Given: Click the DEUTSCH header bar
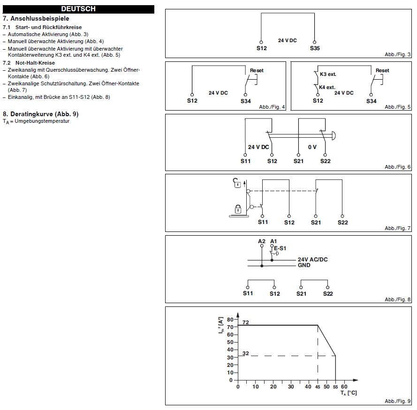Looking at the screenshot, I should pyautogui.click(x=78, y=9).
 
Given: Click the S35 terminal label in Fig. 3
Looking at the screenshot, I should pyautogui.click(x=315, y=48).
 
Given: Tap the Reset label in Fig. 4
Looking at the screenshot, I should pyautogui.click(x=257, y=71).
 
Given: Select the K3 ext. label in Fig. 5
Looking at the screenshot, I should pyautogui.click(x=328, y=74).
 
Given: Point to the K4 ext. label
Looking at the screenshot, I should pyautogui.click(x=327, y=87).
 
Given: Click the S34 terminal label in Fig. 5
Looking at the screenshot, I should pyautogui.click(x=371, y=101).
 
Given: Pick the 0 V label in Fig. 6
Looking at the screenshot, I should pyautogui.click(x=312, y=147).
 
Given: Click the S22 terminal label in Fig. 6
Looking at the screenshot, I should pyautogui.click(x=326, y=161).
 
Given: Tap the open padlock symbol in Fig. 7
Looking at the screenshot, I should pyautogui.click(x=238, y=183).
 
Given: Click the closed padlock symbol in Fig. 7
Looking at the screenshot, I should pyautogui.click(x=238, y=209).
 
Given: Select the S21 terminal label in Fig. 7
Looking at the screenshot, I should pyautogui.click(x=316, y=222).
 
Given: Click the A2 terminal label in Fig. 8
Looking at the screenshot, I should pyautogui.click(x=262, y=241).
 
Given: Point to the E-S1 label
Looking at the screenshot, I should pyautogui.click(x=280, y=248).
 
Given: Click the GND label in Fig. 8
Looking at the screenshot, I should pyautogui.click(x=304, y=265).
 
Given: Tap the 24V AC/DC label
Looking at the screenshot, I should pyautogui.click(x=312, y=260).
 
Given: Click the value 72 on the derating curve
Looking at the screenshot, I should pyautogui.click(x=245, y=322).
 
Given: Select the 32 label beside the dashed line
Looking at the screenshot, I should pyautogui.click(x=245, y=353).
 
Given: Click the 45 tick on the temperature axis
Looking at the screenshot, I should pyautogui.click(x=318, y=387).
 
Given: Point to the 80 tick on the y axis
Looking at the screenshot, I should pyautogui.click(x=230, y=319).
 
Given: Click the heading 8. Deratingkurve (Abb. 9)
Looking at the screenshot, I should pyautogui.click(x=41, y=114).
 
